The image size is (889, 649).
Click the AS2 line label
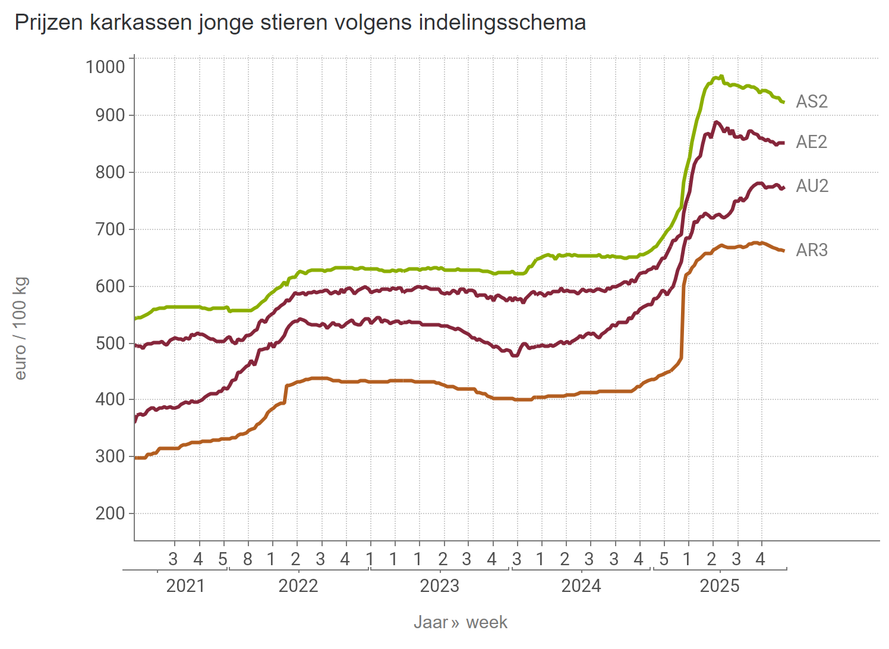pos(811,102)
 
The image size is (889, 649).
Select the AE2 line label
pos(811,142)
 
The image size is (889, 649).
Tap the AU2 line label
pos(812,186)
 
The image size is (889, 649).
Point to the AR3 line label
pos(811,250)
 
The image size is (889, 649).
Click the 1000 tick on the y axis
pos(106,67)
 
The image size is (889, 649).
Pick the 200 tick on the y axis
pos(111,513)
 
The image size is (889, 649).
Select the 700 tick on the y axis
pos(111,229)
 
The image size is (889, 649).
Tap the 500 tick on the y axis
pos(111,344)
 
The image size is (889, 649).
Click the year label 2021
pos(185,586)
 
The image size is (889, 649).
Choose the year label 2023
pos(439,586)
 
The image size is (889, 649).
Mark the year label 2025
pos(719,586)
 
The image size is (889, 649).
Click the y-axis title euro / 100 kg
pos(20,328)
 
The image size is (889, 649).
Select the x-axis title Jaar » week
pos(461,622)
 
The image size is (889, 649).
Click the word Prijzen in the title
pos(49,23)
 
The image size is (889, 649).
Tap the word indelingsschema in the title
pos(502,23)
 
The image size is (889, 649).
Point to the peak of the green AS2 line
pos(721,76)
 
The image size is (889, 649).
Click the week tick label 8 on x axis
pos(247,559)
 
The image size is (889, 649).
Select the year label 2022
pos(298,586)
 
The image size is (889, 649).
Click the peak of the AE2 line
pos(716,122)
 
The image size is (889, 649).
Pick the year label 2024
pos(581,586)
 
